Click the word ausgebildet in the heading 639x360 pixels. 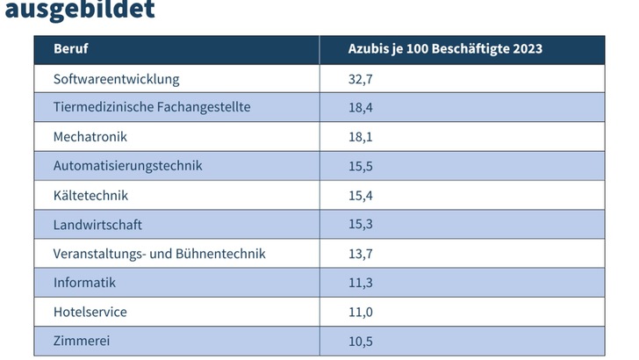tap(80, 10)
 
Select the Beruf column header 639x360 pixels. tap(70, 49)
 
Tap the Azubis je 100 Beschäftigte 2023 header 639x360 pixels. tap(445, 49)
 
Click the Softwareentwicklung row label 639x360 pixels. tap(116, 79)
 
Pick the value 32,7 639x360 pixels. tap(362, 79)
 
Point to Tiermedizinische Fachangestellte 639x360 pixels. tap(152, 107)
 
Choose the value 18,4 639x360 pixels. tap(362, 107)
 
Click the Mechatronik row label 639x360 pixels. tap(90, 137)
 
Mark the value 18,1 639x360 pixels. tap(362, 137)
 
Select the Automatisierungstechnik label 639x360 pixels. tap(127, 166)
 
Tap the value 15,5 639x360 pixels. tap(362, 166)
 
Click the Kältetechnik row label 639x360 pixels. tap(90, 195)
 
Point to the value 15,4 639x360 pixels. tap(362, 195)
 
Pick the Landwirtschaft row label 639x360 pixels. tap(97, 225)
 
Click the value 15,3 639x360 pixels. tap(362, 225)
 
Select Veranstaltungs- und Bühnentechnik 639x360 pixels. tap(159, 254)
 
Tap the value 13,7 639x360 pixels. tap(362, 254)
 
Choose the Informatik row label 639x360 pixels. tap(84, 283)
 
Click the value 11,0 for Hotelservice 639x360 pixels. tap(362, 312)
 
